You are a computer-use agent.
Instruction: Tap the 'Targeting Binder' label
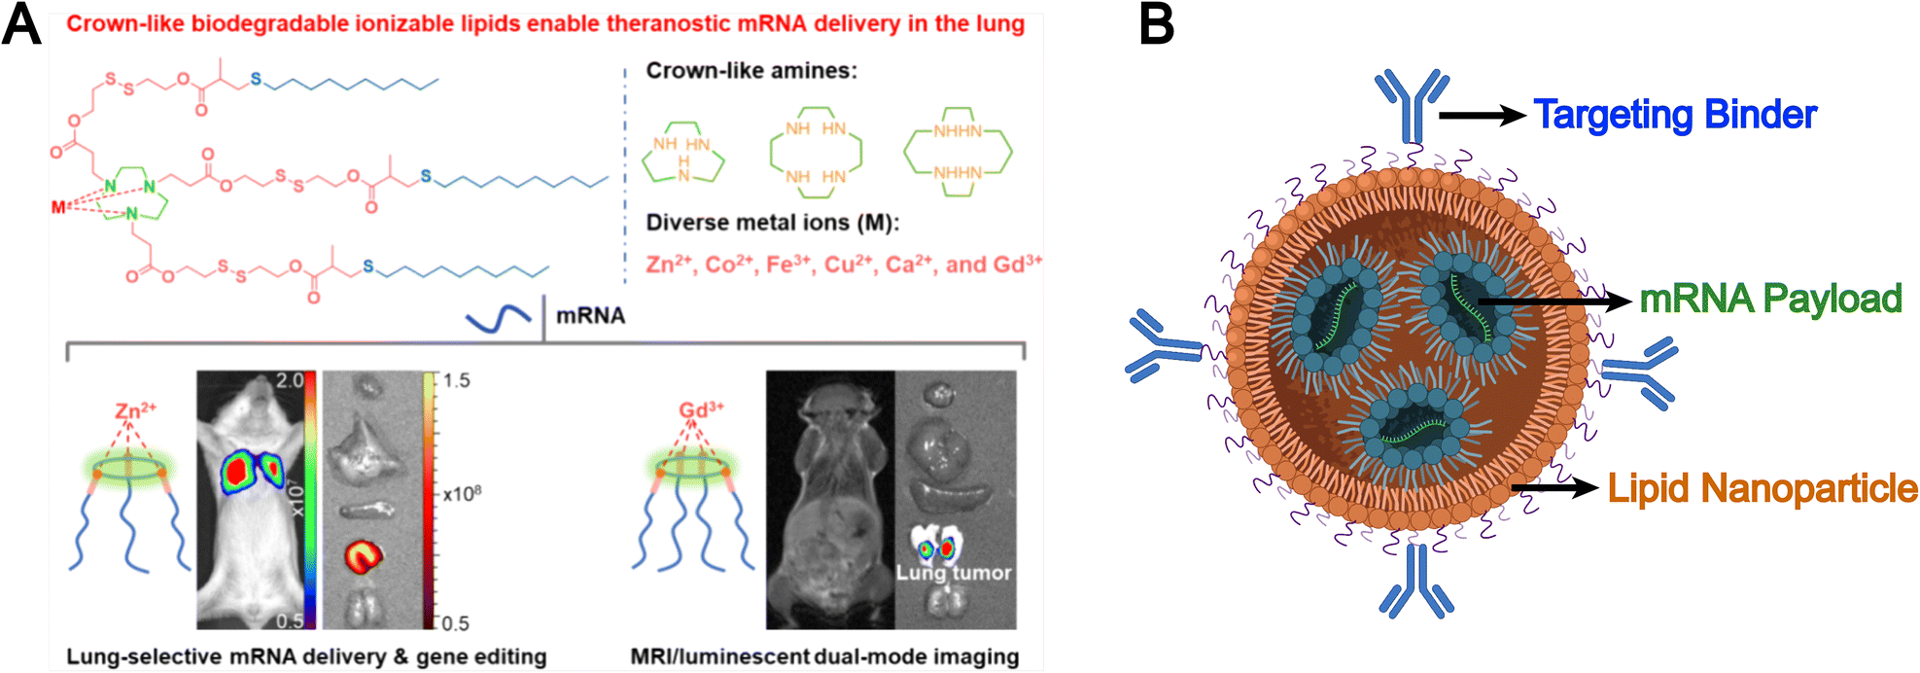click(x=1675, y=115)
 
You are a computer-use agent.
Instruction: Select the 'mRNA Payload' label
click(x=1770, y=299)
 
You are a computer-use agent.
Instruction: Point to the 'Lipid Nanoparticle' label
click(x=1763, y=488)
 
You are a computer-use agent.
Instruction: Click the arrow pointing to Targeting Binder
click(x=1483, y=115)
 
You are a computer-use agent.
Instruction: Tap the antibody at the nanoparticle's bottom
click(x=1416, y=581)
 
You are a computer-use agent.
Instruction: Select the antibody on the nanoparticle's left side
click(x=1164, y=346)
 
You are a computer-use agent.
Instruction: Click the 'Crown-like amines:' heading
click(x=751, y=71)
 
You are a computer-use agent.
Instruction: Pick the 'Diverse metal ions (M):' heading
click(x=773, y=223)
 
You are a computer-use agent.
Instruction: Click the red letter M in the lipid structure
click(x=58, y=206)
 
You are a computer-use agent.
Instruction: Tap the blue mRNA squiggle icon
click(x=498, y=317)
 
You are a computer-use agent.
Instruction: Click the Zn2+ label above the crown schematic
click(x=135, y=409)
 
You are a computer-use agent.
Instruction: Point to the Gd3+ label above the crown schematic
click(x=701, y=409)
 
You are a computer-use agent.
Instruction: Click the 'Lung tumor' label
click(x=954, y=573)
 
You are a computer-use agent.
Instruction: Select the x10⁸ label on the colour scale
click(x=462, y=493)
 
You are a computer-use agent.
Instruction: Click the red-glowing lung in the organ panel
click(x=364, y=555)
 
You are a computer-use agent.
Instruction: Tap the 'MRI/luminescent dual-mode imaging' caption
click(x=824, y=657)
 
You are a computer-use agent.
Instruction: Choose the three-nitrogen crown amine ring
click(x=683, y=153)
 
